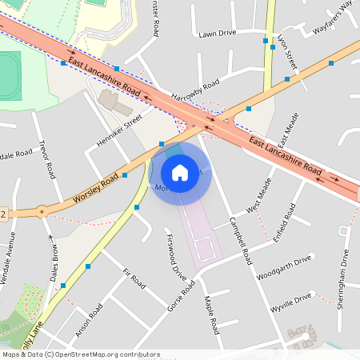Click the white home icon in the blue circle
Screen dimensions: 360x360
tap(180, 173)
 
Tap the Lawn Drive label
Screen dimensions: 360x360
tap(218, 34)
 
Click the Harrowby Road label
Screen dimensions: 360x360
tap(194, 95)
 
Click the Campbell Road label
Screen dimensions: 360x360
tap(240, 241)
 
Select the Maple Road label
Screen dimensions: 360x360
tap(211, 315)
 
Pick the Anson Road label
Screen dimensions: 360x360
tap(89, 320)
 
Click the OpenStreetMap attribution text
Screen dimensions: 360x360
tap(80, 354)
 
